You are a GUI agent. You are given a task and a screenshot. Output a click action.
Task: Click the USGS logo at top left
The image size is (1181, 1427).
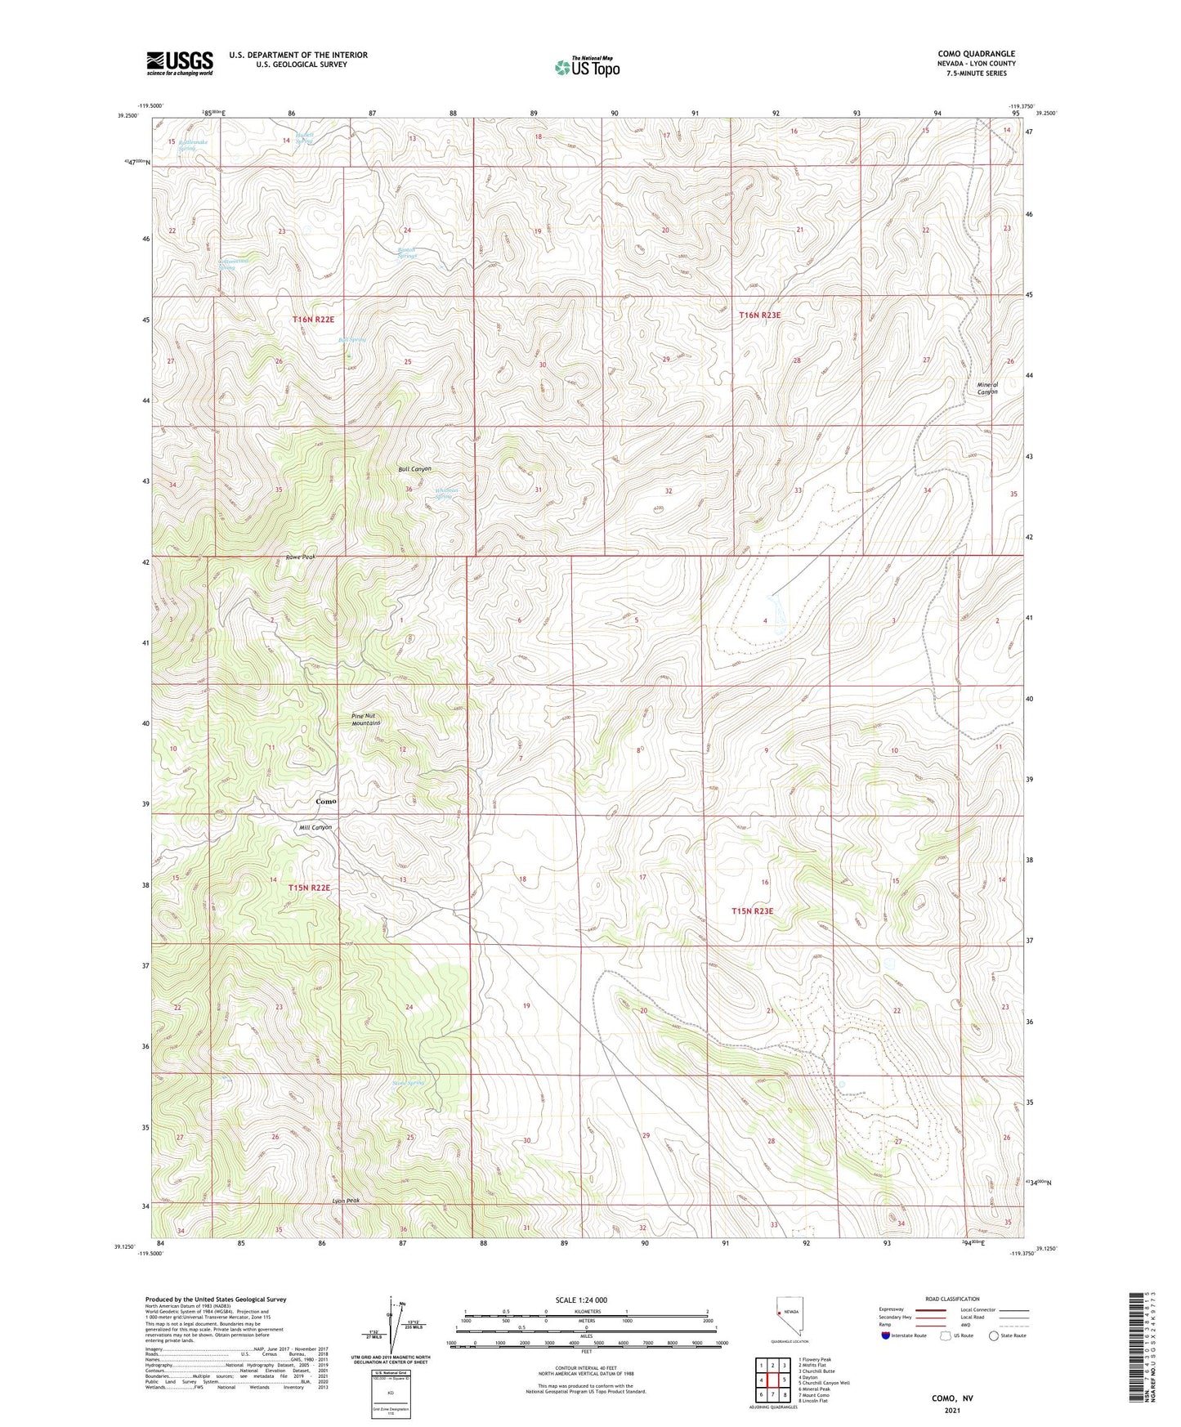tap(180, 63)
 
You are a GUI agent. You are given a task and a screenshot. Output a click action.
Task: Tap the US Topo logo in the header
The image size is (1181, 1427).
tap(586, 67)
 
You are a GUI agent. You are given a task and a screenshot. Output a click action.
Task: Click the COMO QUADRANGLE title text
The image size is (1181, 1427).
tap(976, 54)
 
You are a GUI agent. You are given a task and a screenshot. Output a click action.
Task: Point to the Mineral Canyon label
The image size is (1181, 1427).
tap(987, 388)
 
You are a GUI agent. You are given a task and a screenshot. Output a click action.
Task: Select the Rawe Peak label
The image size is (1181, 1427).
tap(299, 557)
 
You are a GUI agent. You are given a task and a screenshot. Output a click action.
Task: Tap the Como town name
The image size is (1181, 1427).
tap(326, 801)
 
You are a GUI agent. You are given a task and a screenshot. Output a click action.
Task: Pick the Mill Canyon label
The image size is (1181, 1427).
tap(315, 827)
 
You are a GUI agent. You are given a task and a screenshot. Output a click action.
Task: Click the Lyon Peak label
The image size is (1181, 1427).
tap(346, 1201)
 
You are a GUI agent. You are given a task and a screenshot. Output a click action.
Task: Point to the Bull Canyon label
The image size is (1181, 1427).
tap(414, 469)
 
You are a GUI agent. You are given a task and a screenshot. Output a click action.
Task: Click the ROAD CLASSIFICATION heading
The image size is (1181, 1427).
tap(952, 1299)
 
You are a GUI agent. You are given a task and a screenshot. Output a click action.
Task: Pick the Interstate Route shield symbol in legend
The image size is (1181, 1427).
tap(887, 1336)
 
